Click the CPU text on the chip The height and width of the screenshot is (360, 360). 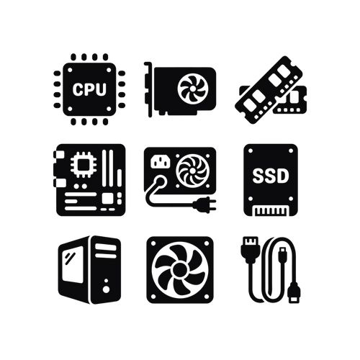coord(89,89)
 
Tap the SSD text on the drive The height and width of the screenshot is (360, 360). coord(271,176)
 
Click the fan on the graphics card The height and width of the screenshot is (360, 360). coord(193,89)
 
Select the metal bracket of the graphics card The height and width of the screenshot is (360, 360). coord(148,89)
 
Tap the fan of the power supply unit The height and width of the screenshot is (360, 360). coord(192,171)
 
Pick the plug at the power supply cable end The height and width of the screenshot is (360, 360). coord(204,204)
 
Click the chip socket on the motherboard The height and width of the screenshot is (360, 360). coord(84,165)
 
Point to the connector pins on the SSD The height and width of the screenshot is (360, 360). coord(271,210)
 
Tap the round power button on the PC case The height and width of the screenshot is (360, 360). coord(106,289)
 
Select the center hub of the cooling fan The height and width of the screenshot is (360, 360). coord(180,270)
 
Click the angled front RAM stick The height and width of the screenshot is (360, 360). coord(269,90)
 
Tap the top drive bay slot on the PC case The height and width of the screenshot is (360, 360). coord(106,247)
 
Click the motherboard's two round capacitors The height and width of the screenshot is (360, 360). coord(81,186)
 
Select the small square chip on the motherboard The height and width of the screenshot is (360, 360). coord(107,199)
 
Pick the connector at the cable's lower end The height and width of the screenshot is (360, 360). coord(294,292)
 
